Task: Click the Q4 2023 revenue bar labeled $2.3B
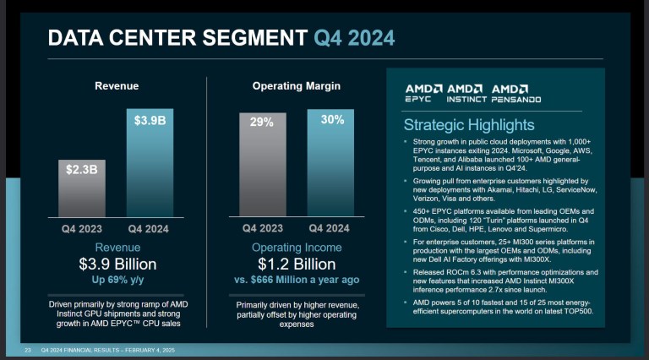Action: pos(83,188)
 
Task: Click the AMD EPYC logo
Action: pos(423,93)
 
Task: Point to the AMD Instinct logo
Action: pos(466,93)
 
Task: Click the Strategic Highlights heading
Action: pos(468,124)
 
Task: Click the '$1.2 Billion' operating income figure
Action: pos(297,264)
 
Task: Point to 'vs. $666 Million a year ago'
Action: pos(297,279)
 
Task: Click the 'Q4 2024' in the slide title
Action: pos(353,37)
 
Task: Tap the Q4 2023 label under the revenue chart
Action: pos(83,228)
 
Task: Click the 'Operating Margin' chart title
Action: pos(296,86)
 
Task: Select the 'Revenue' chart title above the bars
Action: pos(117,86)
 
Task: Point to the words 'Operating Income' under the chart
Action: pos(297,248)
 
